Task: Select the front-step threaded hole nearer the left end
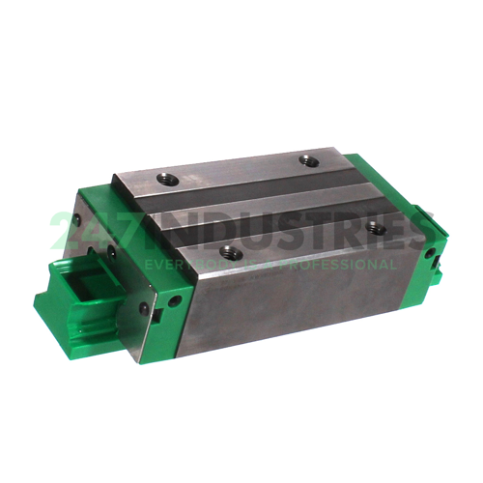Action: point(228,251)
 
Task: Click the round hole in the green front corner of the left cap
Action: point(175,301)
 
